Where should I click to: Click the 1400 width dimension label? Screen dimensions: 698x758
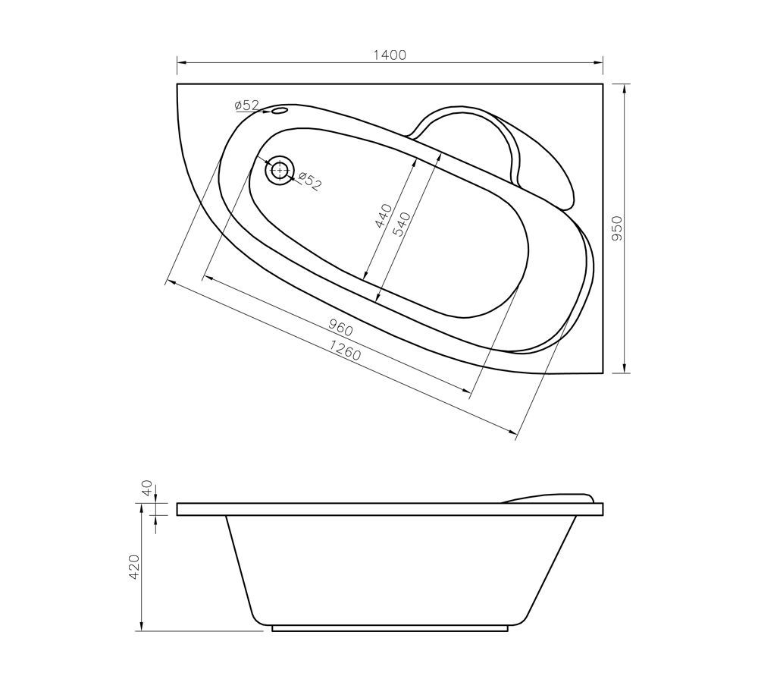[x=390, y=55]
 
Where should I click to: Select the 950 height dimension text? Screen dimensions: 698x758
[x=616, y=228]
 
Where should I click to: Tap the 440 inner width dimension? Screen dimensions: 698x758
[x=384, y=216]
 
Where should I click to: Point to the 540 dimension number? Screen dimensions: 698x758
[x=402, y=225]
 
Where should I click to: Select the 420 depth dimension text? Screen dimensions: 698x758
[x=134, y=567]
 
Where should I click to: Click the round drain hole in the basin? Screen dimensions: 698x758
[x=280, y=169]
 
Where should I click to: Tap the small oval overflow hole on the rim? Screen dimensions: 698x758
[x=279, y=112]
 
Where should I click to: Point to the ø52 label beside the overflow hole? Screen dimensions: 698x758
[x=247, y=105]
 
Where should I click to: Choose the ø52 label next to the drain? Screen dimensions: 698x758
[x=309, y=181]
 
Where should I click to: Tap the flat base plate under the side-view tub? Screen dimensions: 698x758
[x=390, y=629]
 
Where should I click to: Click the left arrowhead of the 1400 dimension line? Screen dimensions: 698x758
[x=180, y=63]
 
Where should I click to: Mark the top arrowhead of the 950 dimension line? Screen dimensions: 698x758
[x=625, y=87]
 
